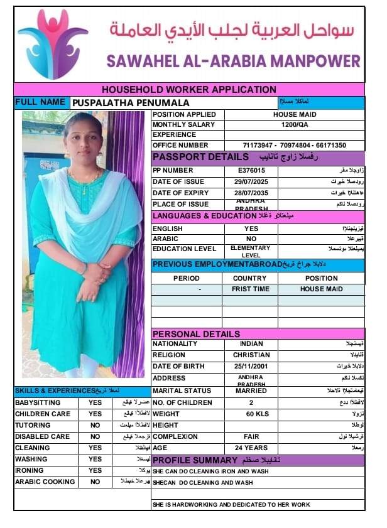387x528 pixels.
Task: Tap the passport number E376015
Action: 251,170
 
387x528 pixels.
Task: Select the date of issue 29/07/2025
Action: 251,181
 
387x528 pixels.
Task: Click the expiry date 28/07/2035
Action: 251,193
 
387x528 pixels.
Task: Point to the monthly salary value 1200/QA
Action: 294,124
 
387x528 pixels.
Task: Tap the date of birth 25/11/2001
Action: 251,366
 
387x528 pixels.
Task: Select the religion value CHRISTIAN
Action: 251,355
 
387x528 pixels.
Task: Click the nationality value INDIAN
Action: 251,343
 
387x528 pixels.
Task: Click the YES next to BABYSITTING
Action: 95,402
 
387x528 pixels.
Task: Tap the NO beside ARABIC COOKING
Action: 95,482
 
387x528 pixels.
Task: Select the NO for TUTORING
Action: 95,425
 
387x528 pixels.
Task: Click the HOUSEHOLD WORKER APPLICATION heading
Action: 189,90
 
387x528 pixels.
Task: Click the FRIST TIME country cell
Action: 249,289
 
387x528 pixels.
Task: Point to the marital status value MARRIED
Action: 251,391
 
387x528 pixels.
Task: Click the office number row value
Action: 294,145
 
